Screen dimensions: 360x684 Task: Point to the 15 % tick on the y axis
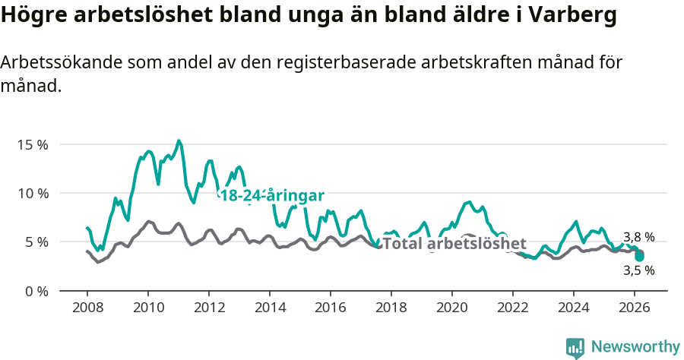[32, 144]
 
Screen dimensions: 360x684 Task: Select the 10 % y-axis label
[32, 193]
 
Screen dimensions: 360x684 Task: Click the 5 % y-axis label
[35, 242]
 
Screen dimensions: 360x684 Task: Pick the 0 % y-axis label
[35, 291]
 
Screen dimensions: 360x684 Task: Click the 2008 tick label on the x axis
[87, 308]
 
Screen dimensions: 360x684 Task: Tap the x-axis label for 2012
[209, 308]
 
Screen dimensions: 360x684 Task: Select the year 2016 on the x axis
[331, 308]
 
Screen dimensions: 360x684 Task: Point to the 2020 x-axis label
[452, 308]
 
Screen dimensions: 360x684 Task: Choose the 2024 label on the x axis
[574, 308]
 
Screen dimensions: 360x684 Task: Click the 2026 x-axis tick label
[635, 308]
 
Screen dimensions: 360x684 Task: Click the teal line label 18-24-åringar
[272, 195]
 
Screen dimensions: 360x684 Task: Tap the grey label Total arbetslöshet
[454, 244]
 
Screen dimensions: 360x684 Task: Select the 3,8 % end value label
[638, 237]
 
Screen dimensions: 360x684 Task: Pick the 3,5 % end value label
[638, 270]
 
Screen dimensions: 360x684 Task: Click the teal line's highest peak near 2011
[179, 141]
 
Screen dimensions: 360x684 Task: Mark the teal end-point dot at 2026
[640, 257]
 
